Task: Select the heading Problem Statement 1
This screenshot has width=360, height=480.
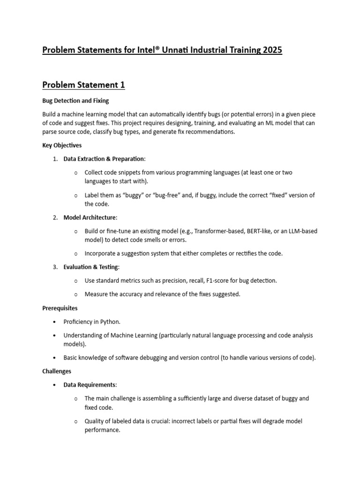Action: point(83,85)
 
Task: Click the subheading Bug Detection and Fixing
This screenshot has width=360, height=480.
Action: point(75,101)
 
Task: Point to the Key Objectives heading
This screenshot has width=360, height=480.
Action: point(62,145)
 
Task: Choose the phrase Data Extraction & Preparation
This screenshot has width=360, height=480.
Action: point(104,159)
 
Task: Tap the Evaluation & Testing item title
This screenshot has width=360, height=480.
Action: point(91,267)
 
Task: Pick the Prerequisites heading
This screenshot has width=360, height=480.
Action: point(60,308)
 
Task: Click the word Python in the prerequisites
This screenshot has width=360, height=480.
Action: point(110,322)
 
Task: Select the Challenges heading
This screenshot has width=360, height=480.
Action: point(57,371)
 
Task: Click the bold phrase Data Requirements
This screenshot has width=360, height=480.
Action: point(89,385)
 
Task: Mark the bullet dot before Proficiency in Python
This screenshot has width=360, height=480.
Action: point(55,322)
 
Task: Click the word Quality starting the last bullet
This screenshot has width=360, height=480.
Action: point(95,421)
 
